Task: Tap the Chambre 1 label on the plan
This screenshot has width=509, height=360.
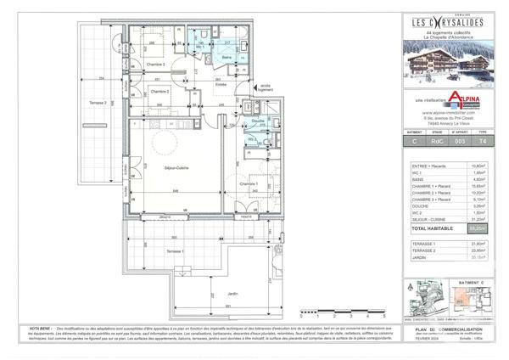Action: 248,183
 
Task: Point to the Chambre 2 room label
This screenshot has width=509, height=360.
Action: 159,91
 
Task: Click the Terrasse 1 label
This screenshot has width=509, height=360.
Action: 176,253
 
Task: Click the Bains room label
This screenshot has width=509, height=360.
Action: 227,58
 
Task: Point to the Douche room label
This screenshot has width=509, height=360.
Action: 256,121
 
